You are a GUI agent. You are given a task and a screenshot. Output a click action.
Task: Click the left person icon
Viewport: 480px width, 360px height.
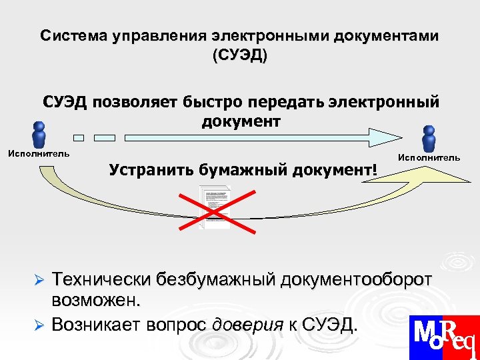[x=39, y=135]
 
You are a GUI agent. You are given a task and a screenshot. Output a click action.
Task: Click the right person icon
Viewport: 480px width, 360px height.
[x=429, y=138]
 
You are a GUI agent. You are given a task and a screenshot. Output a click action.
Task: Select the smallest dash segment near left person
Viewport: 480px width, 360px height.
[x=79, y=138]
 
